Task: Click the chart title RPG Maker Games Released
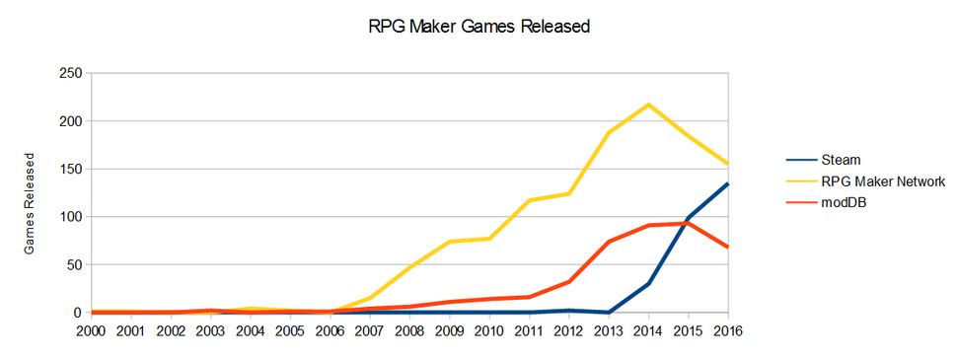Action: [x=478, y=28]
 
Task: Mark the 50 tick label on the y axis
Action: [x=72, y=264]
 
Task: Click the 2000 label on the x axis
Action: [x=91, y=330]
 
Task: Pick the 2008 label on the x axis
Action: [x=408, y=330]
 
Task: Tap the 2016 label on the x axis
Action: [x=728, y=330]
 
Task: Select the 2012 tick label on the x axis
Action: [x=568, y=330]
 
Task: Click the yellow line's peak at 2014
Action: [x=648, y=105]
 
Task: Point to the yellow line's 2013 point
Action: [x=609, y=132]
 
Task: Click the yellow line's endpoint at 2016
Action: [x=728, y=164]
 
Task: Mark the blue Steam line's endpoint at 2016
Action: [x=728, y=183]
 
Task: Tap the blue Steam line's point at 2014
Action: [x=648, y=283]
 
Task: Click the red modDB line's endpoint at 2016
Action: [x=728, y=247]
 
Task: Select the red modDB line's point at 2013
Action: [x=609, y=242]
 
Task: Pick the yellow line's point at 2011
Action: [x=529, y=200]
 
